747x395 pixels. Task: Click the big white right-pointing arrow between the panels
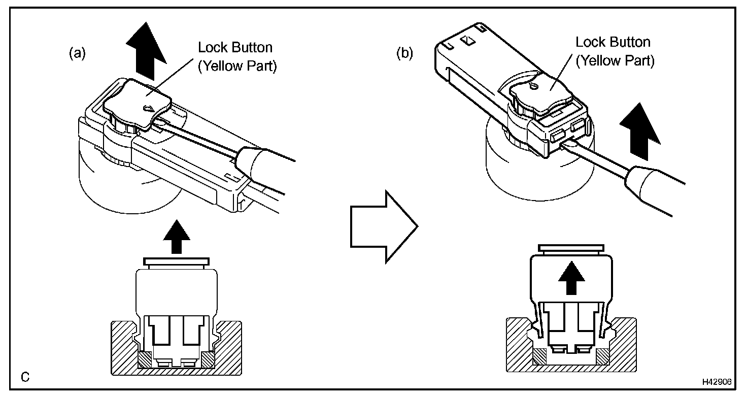pyautogui.click(x=384, y=225)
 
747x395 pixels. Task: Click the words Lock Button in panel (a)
pyautogui.click(x=235, y=48)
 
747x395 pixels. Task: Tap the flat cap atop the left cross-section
pyautogui.click(x=176, y=261)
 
